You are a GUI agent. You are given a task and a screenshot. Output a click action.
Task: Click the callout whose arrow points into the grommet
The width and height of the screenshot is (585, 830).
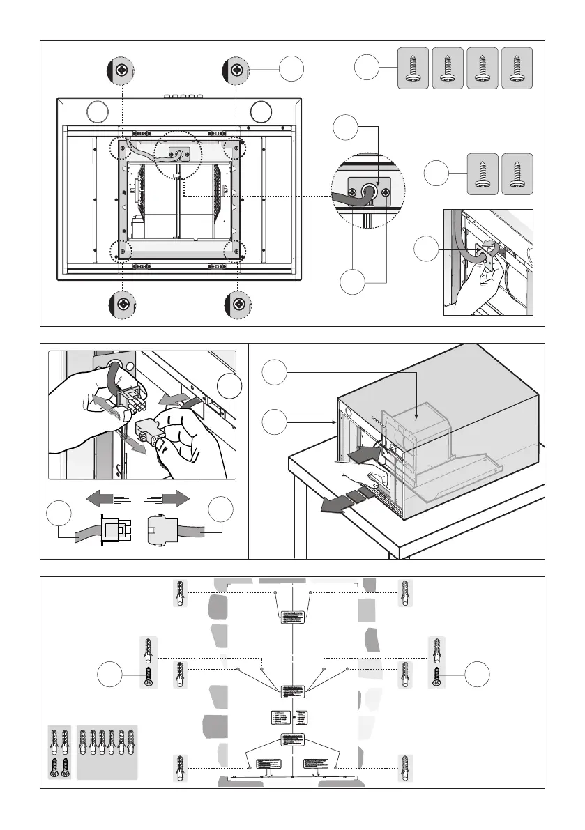[x=346, y=128]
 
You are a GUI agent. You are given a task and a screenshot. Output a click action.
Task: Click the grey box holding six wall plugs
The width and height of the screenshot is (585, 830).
[x=107, y=752]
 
